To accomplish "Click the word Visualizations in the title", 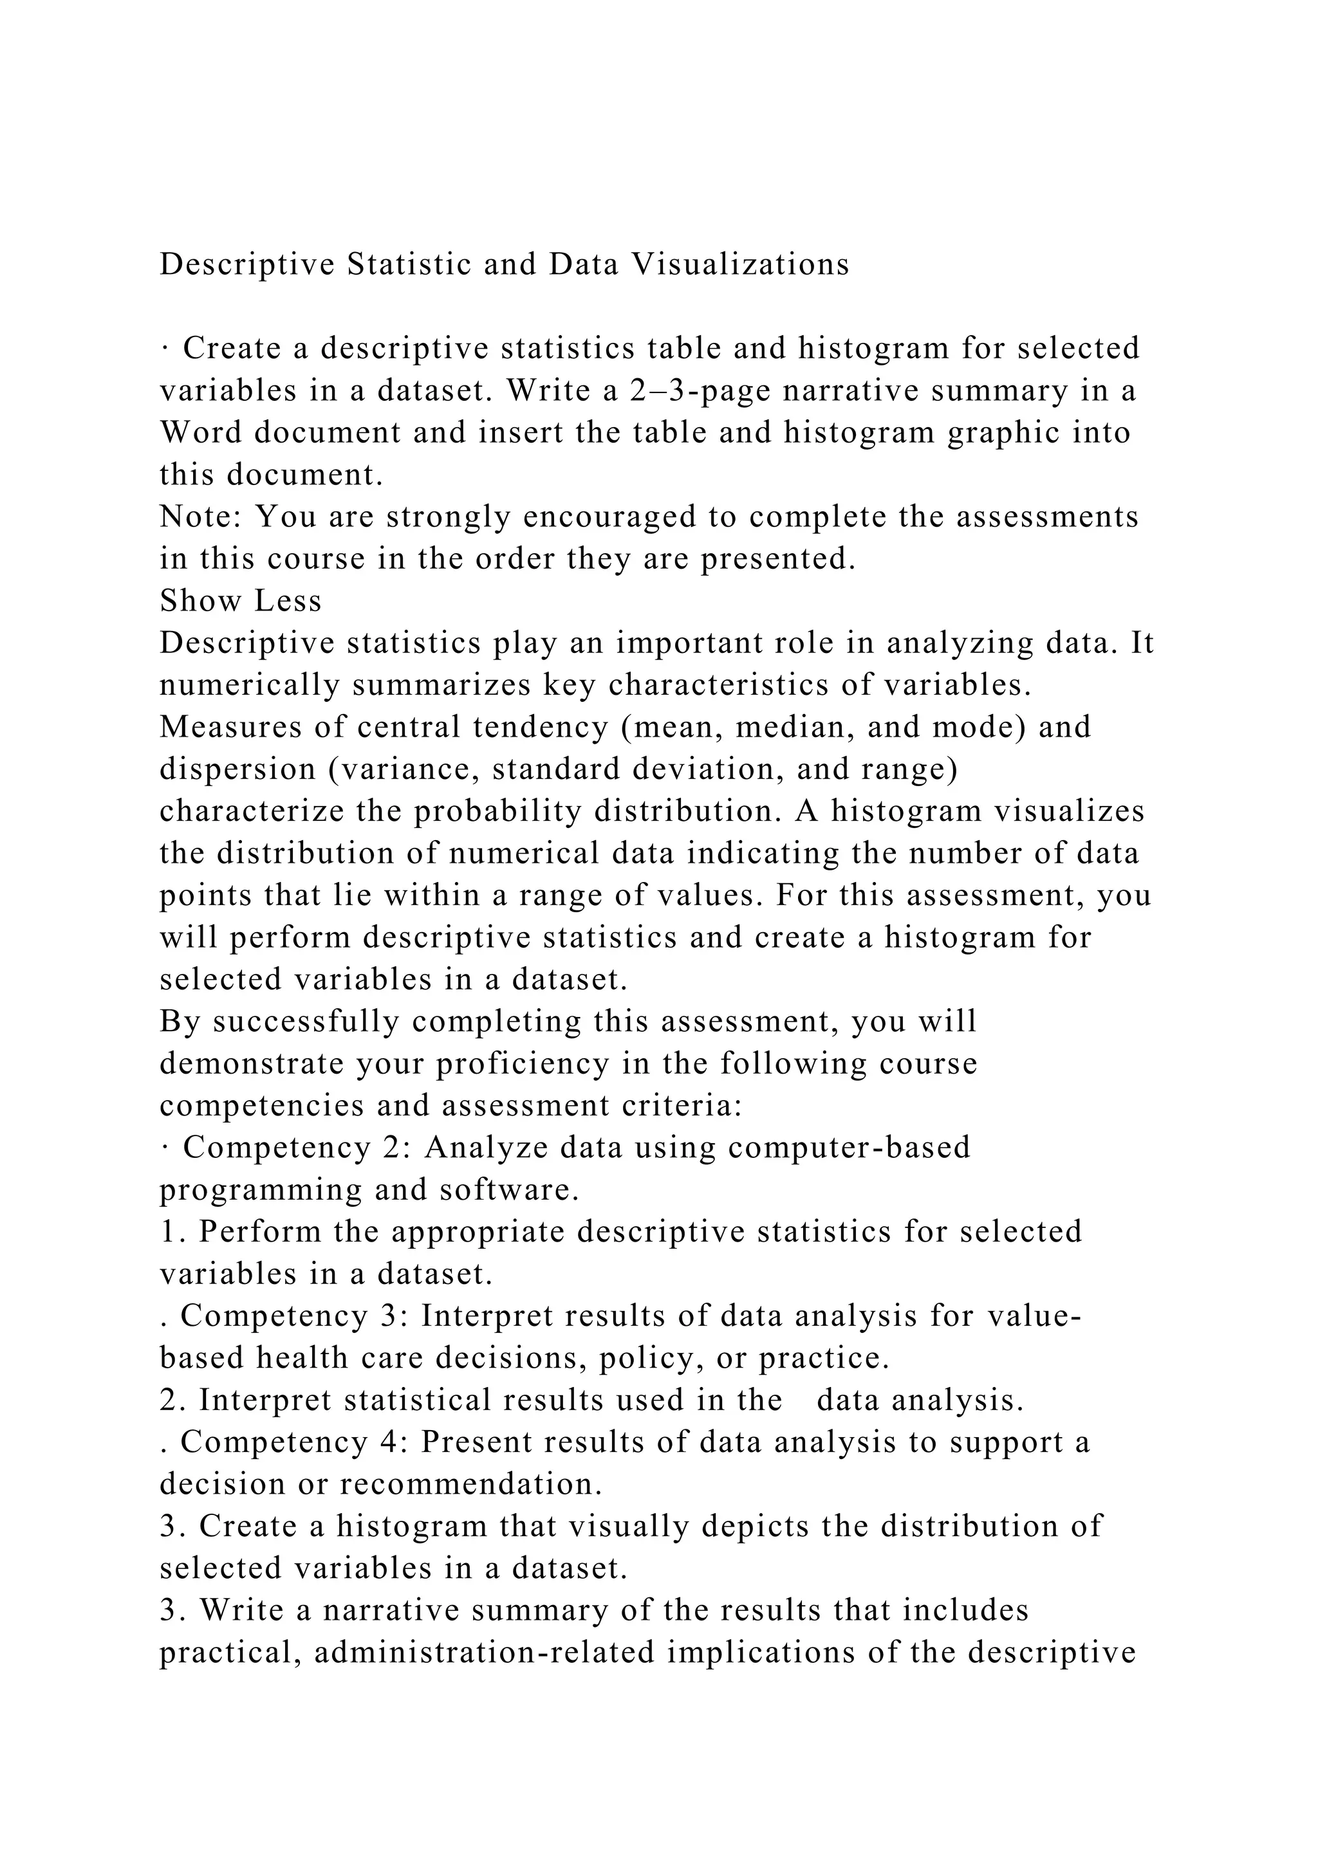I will click(739, 264).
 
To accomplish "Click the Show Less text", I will click(240, 601).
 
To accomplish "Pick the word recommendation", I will click(470, 1485).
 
